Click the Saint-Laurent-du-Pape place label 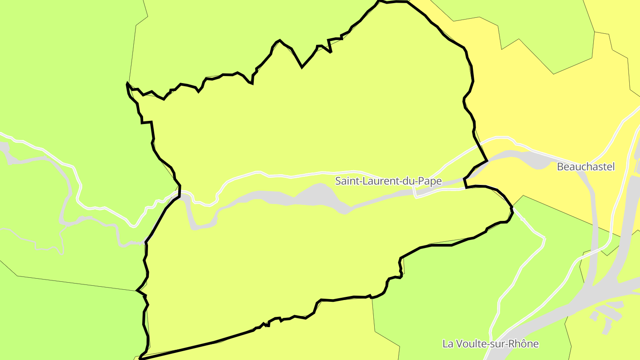(388, 181)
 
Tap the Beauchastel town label (586, 167)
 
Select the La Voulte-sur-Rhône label (491, 344)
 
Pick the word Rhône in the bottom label (524, 344)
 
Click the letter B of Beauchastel (560, 167)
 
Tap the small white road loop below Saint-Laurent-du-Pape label (416, 192)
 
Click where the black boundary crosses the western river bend (180, 194)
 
